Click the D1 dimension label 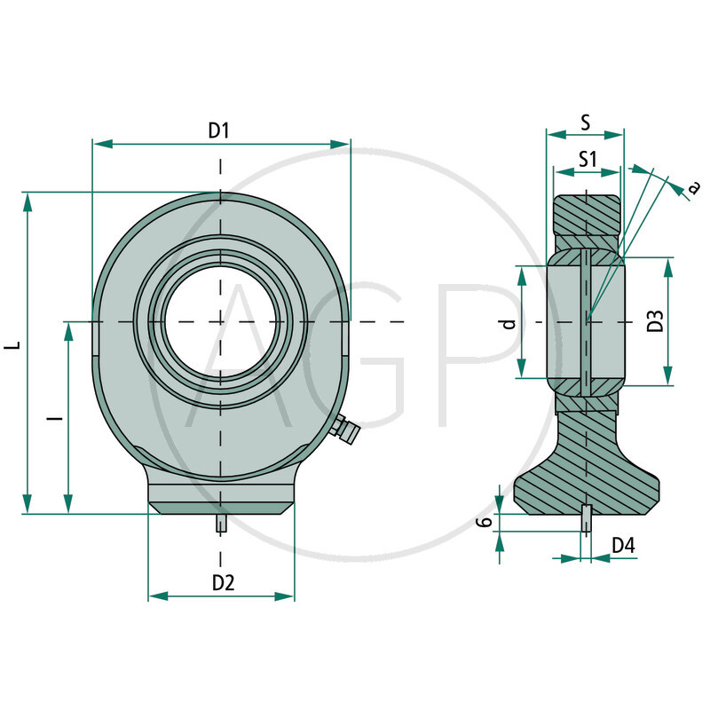click(219, 130)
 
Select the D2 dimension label click(222, 582)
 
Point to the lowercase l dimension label click(55, 416)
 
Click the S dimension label click(585, 123)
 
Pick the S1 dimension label click(586, 160)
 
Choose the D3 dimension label click(655, 321)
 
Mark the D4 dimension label click(623, 545)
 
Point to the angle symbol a click(693, 185)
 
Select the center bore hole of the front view click(220, 320)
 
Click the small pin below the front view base click(220, 524)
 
